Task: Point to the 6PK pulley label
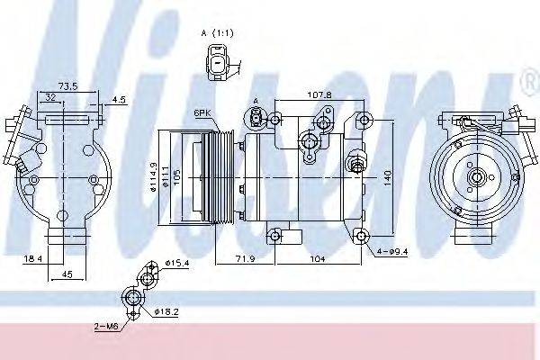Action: coord(202,112)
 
